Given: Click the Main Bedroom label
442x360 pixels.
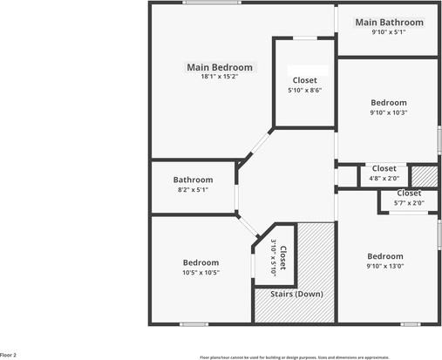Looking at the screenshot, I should click(220, 67).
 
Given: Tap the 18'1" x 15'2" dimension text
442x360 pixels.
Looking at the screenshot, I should click(220, 77).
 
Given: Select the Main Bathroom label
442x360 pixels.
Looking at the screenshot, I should click(389, 22).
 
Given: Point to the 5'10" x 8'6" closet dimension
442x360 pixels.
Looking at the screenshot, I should click(305, 90).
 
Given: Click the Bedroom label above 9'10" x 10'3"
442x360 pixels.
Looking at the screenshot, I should click(389, 102).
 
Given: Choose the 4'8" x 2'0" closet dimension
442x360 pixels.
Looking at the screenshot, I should click(384, 178).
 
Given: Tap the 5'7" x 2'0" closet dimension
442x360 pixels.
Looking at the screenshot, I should click(409, 203).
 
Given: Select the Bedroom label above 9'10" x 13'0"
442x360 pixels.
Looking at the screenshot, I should click(384, 256).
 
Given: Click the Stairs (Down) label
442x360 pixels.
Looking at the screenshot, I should click(296, 294).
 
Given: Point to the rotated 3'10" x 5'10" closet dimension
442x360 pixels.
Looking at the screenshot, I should click(273, 257).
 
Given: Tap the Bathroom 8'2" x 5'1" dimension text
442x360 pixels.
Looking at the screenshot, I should click(193, 189).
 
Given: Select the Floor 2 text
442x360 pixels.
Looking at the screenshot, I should click(9, 355).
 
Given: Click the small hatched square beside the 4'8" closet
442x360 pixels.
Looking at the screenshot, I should click(424, 174).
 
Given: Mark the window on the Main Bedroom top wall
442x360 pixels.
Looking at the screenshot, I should click(212, 3).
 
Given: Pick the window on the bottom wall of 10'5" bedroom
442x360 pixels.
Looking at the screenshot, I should click(194, 324).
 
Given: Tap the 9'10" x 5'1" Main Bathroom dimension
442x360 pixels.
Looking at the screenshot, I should click(389, 32).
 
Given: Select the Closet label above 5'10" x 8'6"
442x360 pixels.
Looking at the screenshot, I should click(305, 80).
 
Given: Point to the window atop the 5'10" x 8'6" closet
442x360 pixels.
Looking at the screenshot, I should click(304, 38).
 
